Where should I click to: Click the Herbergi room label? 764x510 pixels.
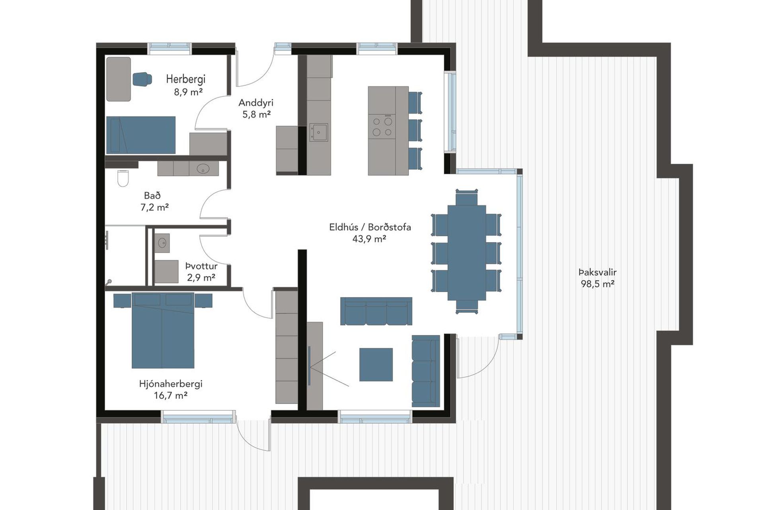coord(185,79)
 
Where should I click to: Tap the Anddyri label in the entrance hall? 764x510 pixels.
coord(256,103)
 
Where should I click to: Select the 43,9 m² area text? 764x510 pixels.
coord(369,239)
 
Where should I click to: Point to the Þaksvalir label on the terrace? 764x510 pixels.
coord(597,273)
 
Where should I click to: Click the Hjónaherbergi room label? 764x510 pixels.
coord(171,384)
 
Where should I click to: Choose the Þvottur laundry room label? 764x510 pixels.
coord(201,266)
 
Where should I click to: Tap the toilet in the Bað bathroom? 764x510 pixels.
coord(123,178)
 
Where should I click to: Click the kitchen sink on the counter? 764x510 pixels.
coord(319,132)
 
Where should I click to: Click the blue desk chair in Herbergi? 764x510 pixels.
coord(142,79)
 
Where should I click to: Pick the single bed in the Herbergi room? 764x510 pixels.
coord(141,135)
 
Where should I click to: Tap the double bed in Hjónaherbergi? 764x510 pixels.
coord(163,331)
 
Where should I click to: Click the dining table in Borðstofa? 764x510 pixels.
coord(466,253)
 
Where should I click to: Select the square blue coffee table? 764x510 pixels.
coord(376,365)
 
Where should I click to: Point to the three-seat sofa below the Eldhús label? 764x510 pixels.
coord(376,311)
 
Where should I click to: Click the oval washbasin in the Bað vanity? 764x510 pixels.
coord(203,169)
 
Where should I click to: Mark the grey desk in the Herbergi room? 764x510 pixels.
coord(119,79)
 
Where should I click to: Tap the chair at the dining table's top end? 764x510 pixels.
coord(466,198)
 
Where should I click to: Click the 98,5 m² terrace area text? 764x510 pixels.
coord(597,284)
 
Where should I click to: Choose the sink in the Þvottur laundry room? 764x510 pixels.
coord(162,243)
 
